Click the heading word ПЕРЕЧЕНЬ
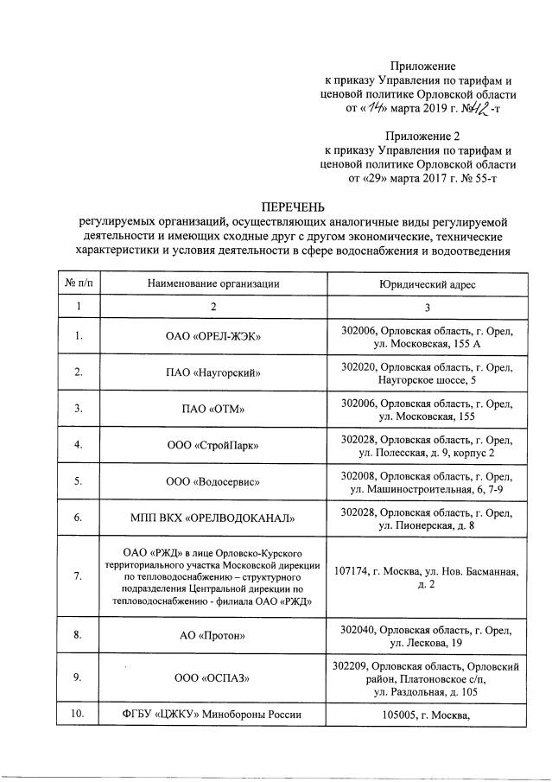pyautogui.click(x=294, y=207)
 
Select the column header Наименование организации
pyautogui.click(x=213, y=283)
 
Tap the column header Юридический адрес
pyautogui.click(x=427, y=283)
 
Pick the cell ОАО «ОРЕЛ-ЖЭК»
pyautogui.click(x=213, y=336)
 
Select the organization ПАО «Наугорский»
pyautogui.click(x=213, y=372)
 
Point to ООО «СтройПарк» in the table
pyautogui.click(x=213, y=445)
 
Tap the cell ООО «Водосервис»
pyautogui.click(x=213, y=481)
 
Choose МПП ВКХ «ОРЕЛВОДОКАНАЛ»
pyautogui.click(x=213, y=518)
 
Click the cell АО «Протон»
pyautogui.click(x=213, y=636)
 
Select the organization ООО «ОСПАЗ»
pyautogui.click(x=213, y=678)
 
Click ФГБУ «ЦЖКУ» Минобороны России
pyautogui.click(x=213, y=714)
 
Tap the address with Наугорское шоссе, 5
pyautogui.click(x=427, y=379)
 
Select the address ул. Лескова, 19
pyautogui.click(x=427, y=643)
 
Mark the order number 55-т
pyautogui.click(x=481, y=179)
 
